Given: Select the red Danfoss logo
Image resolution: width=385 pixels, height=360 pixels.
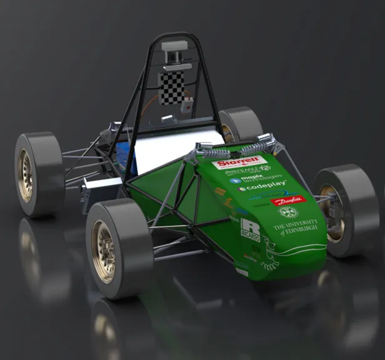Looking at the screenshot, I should click(x=289, y=201).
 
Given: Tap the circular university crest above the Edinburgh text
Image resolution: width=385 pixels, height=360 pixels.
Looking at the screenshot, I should click(x=287, y=212).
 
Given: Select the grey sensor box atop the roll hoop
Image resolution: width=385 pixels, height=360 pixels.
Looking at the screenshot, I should click(x=174, y=46).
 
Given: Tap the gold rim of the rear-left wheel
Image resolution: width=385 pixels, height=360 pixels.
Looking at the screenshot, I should click(x=26, y=174).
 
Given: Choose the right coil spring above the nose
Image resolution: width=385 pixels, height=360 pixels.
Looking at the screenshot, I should click(x=256, y=146).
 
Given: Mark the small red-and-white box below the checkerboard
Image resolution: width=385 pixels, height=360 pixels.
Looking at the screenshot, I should click(x=186, y=106).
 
